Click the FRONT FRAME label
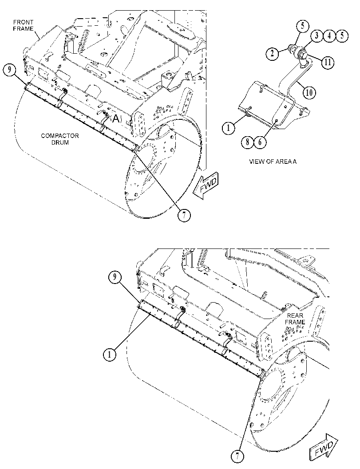pyautogui.click(x=23, y=25)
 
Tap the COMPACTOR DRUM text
pyautogui.click(x=60, y=139)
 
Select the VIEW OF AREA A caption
pyautogui.click(x=273, y=162)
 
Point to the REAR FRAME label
pyautogui.click(x=295, y=319)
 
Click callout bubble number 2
pyautogui.click(x=272, y=54)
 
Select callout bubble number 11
pyautogui.click(x=328, y=62)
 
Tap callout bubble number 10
pyautogui.click(x=309, y=92)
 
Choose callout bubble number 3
pyautogui.click(x=316, y=36)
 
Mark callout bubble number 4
pyautogui.click(x=329, y=36)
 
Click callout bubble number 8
pyautogui.click(x=248, y=142)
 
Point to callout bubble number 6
pyautogui.click(x=260, y=142)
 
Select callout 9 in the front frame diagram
pyautogui.click(x=10, y=70)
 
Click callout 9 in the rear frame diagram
pyautogui.click(x=115, y=278)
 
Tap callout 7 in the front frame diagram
pyautogui.click(x=184, y=215)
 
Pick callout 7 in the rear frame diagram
pyautogui.click(x=237, y=456)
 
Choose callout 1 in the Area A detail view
pyautogui.click(x=228, y=128)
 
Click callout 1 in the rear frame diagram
pyautogui.click(x=110, y=355)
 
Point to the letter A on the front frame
pyautogui.click(x=116, y=119)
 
